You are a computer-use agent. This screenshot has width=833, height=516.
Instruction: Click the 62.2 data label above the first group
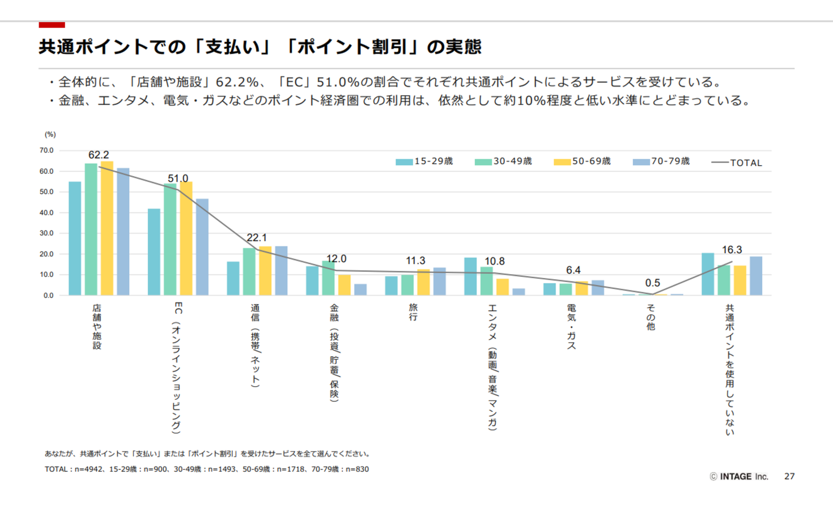point(99,155)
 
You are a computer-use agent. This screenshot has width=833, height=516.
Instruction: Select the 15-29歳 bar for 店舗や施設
point(75,238)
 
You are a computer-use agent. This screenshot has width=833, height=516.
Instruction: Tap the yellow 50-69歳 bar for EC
point(186,238)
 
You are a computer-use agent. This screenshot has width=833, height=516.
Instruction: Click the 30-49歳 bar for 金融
point(328,278)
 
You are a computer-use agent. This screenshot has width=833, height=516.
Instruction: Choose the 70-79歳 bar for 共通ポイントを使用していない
point(756,276)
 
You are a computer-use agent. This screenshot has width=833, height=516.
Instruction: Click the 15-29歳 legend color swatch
point(404,162)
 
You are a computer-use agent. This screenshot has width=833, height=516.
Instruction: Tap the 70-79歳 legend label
point(670,161)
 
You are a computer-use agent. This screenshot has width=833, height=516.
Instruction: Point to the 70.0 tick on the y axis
point(46,151)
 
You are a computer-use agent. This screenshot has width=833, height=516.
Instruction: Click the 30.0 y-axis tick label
point(46,233)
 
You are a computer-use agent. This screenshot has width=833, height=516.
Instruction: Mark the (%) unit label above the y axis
point(50,134)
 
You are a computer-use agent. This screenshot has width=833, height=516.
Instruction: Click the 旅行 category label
point(413,312)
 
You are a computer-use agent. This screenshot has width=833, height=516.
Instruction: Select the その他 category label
point(651,317)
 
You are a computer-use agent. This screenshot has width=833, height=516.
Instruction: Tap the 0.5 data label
point(653,283)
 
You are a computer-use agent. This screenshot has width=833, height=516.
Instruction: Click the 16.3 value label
point(732,250)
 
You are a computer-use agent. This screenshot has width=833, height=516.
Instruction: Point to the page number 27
point(789,476)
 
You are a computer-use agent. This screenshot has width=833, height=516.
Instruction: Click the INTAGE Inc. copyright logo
point(739,476)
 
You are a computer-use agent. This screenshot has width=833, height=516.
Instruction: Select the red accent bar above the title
point(52,25)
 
